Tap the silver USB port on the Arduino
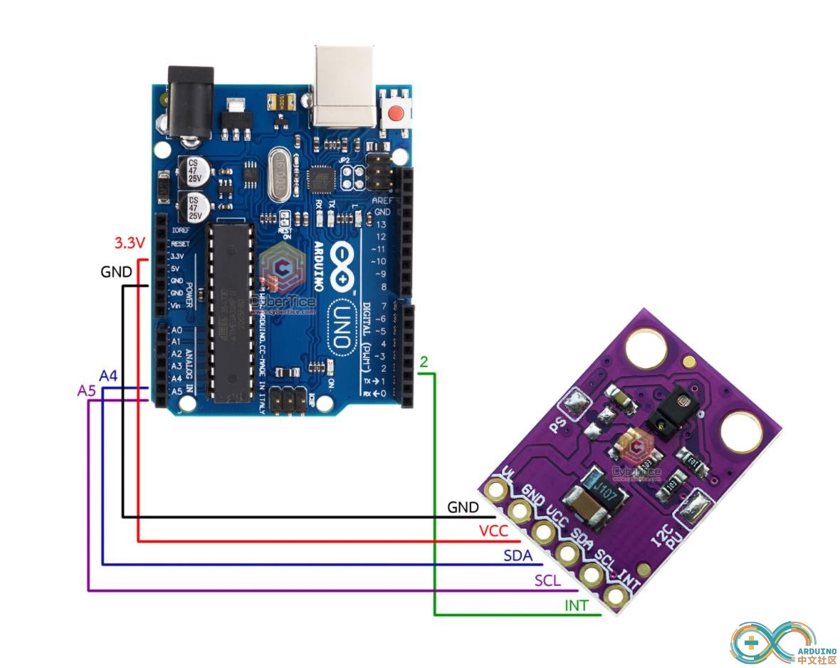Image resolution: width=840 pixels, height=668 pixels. [x=345, y=85]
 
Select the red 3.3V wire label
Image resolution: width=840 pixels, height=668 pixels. [x=130, y=243]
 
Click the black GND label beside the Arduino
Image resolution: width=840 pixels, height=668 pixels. [x=116, y=272]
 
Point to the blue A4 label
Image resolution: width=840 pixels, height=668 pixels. [x=108, y=375]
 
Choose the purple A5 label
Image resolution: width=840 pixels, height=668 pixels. [x=86, y=390]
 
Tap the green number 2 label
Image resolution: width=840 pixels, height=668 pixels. [x=424, y=362]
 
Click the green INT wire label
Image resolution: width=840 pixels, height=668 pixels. [x=576, y=606]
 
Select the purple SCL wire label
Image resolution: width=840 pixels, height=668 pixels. [x=547, y=581]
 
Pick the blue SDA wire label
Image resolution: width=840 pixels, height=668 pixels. [x=518, y=555]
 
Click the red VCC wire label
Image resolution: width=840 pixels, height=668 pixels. [x=493, y=531]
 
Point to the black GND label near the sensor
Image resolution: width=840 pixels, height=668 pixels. [x=463, y=507]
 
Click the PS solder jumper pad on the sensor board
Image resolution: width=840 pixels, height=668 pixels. [x=575, y=406]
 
